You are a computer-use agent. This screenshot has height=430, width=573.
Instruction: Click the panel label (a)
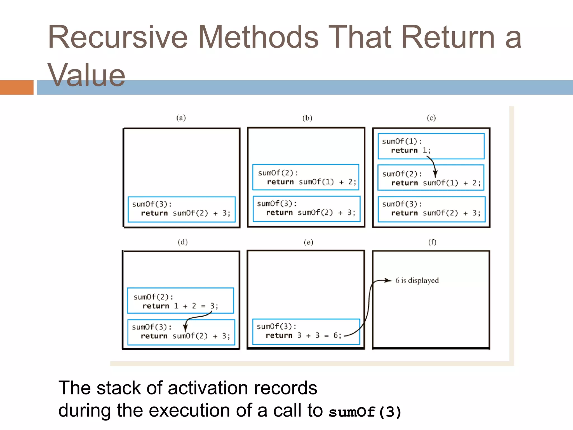[181, 118]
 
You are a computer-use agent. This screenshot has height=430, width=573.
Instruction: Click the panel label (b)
[307, 118]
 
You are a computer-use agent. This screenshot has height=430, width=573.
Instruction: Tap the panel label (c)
[431, 118]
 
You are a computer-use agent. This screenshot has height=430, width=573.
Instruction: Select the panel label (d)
[182, 242]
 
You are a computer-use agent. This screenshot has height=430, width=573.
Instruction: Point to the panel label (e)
[308, 242]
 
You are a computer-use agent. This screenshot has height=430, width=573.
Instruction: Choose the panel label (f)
[432, 242]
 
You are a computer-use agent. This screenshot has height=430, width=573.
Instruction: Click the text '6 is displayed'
[417, 280]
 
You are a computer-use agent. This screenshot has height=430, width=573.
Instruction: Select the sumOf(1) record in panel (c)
[431, 146]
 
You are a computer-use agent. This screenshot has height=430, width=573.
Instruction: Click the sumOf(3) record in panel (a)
[182, 209]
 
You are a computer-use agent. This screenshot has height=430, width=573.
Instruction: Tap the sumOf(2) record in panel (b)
[306, 177]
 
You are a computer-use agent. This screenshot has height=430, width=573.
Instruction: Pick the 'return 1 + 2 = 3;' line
[180, 306]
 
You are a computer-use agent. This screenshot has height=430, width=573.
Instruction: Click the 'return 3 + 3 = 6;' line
[303, 335]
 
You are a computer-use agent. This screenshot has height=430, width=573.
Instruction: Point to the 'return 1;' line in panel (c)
[410, 150]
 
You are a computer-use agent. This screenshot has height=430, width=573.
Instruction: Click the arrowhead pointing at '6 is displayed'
[389, 280]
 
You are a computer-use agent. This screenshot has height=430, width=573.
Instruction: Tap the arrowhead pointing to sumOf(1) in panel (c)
[435, 174]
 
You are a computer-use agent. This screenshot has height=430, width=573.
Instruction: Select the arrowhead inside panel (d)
[185, 328]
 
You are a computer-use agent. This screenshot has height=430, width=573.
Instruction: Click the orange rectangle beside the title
[17, 87]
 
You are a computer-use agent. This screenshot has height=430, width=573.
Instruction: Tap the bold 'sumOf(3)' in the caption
[365, 412]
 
